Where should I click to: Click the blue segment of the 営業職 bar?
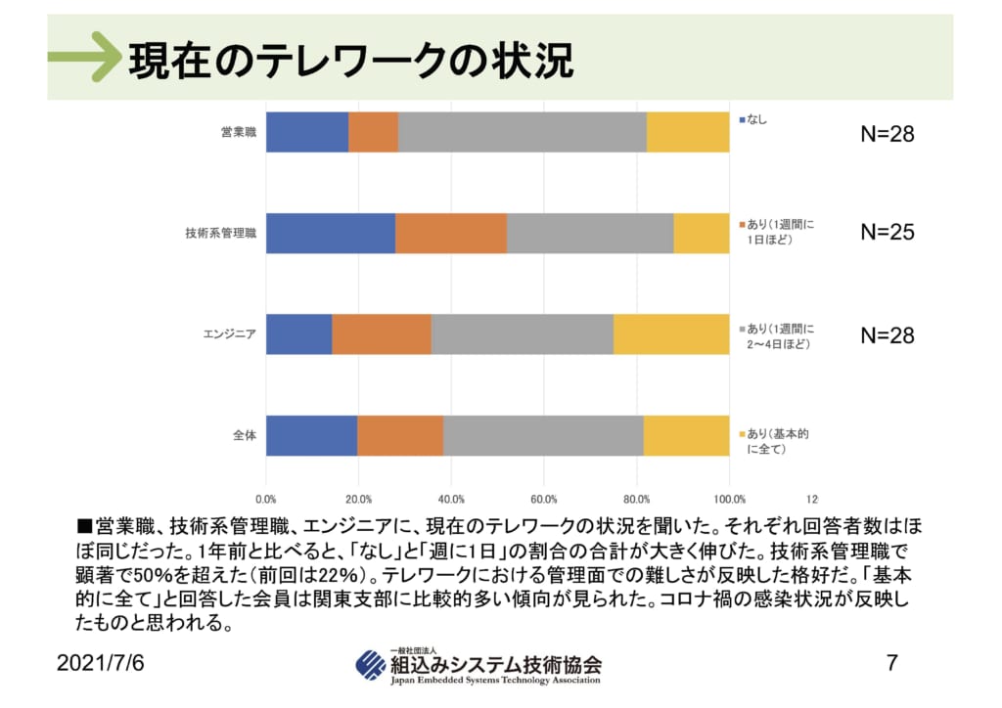click(307, 132)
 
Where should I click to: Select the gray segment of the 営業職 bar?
click(523, 132)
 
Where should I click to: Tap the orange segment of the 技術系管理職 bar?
click(451, 233)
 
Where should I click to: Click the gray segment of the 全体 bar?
click(543, 435)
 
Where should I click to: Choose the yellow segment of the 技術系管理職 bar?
click(702, 233)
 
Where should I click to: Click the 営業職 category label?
click(239, 132)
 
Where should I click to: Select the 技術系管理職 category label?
click(220, 233)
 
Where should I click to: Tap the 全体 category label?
click(245, 435)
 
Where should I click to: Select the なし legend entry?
click(756, 119)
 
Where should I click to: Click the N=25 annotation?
click(888, 233)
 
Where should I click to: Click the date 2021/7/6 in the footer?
click(100, 662)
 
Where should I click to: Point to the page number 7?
click(891, 662)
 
